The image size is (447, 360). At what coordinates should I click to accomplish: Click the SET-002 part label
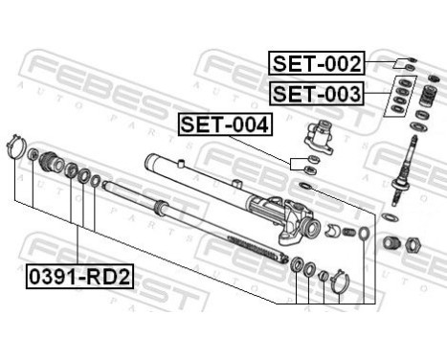click(x=316, y=65)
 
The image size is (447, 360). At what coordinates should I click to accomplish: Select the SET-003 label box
click(x=316, y=93)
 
